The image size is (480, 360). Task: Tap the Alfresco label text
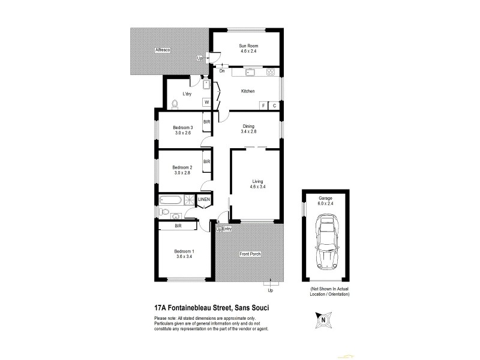pyautogui.click(x=163, y=50)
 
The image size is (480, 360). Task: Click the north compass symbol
pyautogui.click(x=323, y=320)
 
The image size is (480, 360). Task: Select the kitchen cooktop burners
pyautogui.click(x=271, y=73)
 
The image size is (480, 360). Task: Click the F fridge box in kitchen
pyautogui.click(x=263, y=106)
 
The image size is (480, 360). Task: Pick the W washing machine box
pyautogui.click(x=206, y=103)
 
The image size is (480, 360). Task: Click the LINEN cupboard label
pyautogui.click(x=204, y=199)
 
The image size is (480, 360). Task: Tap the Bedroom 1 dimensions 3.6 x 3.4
pyautogui.click(x=183, y=257)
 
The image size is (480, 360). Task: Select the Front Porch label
pyautogui.click(x=249, y=254)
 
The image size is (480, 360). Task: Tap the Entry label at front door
pyautogui.click(x=227, y=229)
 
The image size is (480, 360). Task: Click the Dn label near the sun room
pyautogui.click(x=221, y=71)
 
